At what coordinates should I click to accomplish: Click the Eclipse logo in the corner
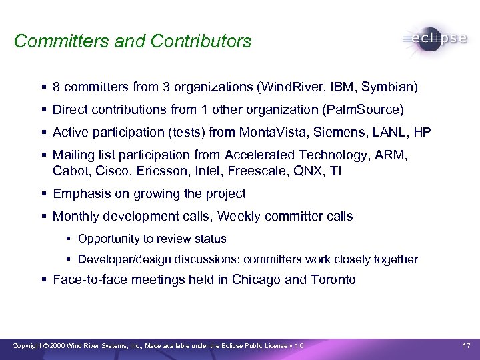coord(435,39)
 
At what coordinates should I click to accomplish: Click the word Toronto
coord(333,280)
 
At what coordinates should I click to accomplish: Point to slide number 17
coord(466,345)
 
